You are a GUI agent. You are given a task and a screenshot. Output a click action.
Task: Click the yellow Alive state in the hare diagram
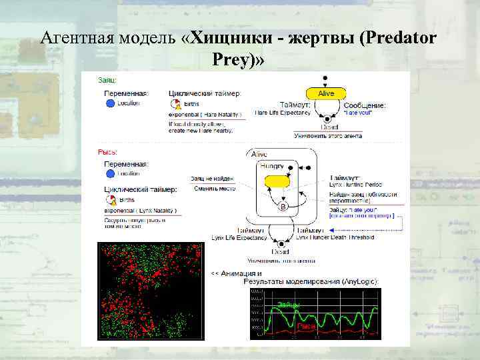click(x=326, y=93)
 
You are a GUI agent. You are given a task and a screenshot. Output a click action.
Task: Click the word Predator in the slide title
click(x=399, y=38)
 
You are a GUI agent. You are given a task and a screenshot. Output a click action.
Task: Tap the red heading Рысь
click(x=107, y=152)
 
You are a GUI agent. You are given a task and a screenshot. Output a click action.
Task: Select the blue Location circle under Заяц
click(x=110, y=103)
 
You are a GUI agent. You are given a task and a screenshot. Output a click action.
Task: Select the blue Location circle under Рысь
click(x=110, y=173)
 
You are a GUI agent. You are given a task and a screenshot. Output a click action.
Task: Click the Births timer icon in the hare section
click(x=176, y=104)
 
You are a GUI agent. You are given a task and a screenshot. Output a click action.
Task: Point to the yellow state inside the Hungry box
click(x=277, y=181)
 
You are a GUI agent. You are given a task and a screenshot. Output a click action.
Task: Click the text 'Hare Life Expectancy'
click(x=283, y=113)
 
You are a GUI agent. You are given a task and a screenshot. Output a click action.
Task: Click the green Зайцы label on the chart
click(x=288, y=305)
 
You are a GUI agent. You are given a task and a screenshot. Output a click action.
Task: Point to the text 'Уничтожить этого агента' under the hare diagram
click(x=328, y=135)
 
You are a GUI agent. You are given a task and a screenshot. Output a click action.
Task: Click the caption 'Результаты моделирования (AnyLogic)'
click(x=311, y=281)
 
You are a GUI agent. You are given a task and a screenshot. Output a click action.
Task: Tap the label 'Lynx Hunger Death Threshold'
click(x=335, y=237)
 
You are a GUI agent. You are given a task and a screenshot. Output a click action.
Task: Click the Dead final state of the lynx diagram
click(x=281, y=252)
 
